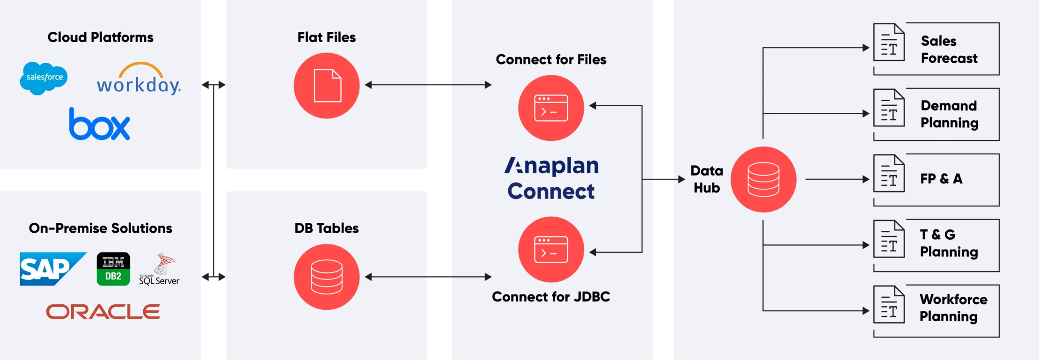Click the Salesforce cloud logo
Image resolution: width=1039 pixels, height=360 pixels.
pyautogui.click(x=44, y=78)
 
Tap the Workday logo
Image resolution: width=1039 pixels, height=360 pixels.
pyautogui.click(x=139, y=80)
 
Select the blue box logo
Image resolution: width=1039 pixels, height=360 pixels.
pyautogui.click(x=100, y=125)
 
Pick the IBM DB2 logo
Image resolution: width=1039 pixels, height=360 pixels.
pyautogui.click(x=113, y=269)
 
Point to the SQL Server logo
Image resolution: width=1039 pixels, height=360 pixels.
pyautogui.click(x=160, y=270)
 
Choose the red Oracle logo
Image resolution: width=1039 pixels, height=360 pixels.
pyautogui.click(x=103, y=312)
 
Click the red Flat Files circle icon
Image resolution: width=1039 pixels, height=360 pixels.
pyautogui.click(x=327, y=86)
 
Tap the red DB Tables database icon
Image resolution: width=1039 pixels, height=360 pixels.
pyautogui.click(x=327, y=277)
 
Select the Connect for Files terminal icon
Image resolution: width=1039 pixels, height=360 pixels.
pyautogui.click(x=551, y=108)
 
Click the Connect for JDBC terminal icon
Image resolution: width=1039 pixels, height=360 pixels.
pyautogui.click(x=551, y=249)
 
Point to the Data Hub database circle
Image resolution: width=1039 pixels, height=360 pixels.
pyautogui.click(x=763, y=179)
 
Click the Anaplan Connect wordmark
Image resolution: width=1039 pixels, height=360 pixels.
pyautogui.click(x=551, y=178)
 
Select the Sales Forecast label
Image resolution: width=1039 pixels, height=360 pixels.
pyautogui.click(x=949, y=49)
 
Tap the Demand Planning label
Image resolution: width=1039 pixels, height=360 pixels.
pyautogui.click(x=949, y=114)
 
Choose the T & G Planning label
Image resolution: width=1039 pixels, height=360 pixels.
pyautogui.click(x=949, y=243)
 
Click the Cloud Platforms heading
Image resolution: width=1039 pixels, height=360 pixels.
pyautogui.click(x=101, y=37)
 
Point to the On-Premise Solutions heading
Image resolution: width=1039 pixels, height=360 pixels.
pyautogui.click(x=101, y=228)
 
